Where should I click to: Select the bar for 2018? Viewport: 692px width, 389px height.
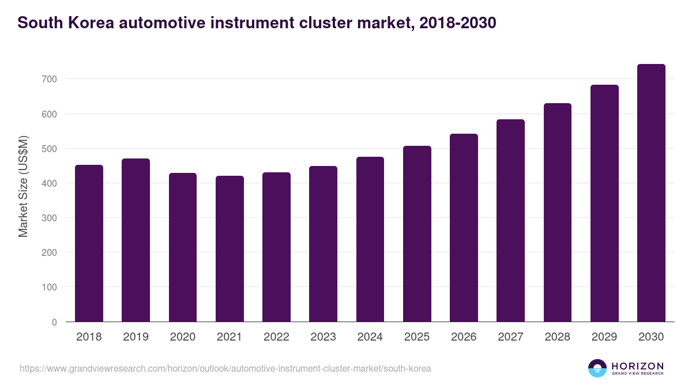click(x=89, y=243)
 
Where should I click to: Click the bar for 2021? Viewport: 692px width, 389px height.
click(x=230, y=249)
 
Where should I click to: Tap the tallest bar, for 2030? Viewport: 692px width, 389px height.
click(x=651, y=193)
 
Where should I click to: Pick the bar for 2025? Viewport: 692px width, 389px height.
click(x=417, y=233)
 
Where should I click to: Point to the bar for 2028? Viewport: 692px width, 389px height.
click(x=558, y=212)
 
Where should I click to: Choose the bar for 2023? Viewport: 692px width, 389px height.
click(x=323, y=244)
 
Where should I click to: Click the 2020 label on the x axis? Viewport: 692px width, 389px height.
click(x=183, y=337)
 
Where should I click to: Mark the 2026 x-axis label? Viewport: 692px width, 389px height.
click(x=464, y=337)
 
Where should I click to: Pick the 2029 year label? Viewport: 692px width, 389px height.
click(x=604, y=337)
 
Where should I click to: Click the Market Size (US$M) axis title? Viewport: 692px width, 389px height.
click(x=23, y=186)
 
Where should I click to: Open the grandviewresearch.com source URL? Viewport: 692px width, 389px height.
click(x=225, y=368)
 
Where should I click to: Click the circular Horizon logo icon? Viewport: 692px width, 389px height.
click(x=597, y=368)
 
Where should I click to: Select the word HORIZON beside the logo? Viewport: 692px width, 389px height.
click(x=637, y=365)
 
